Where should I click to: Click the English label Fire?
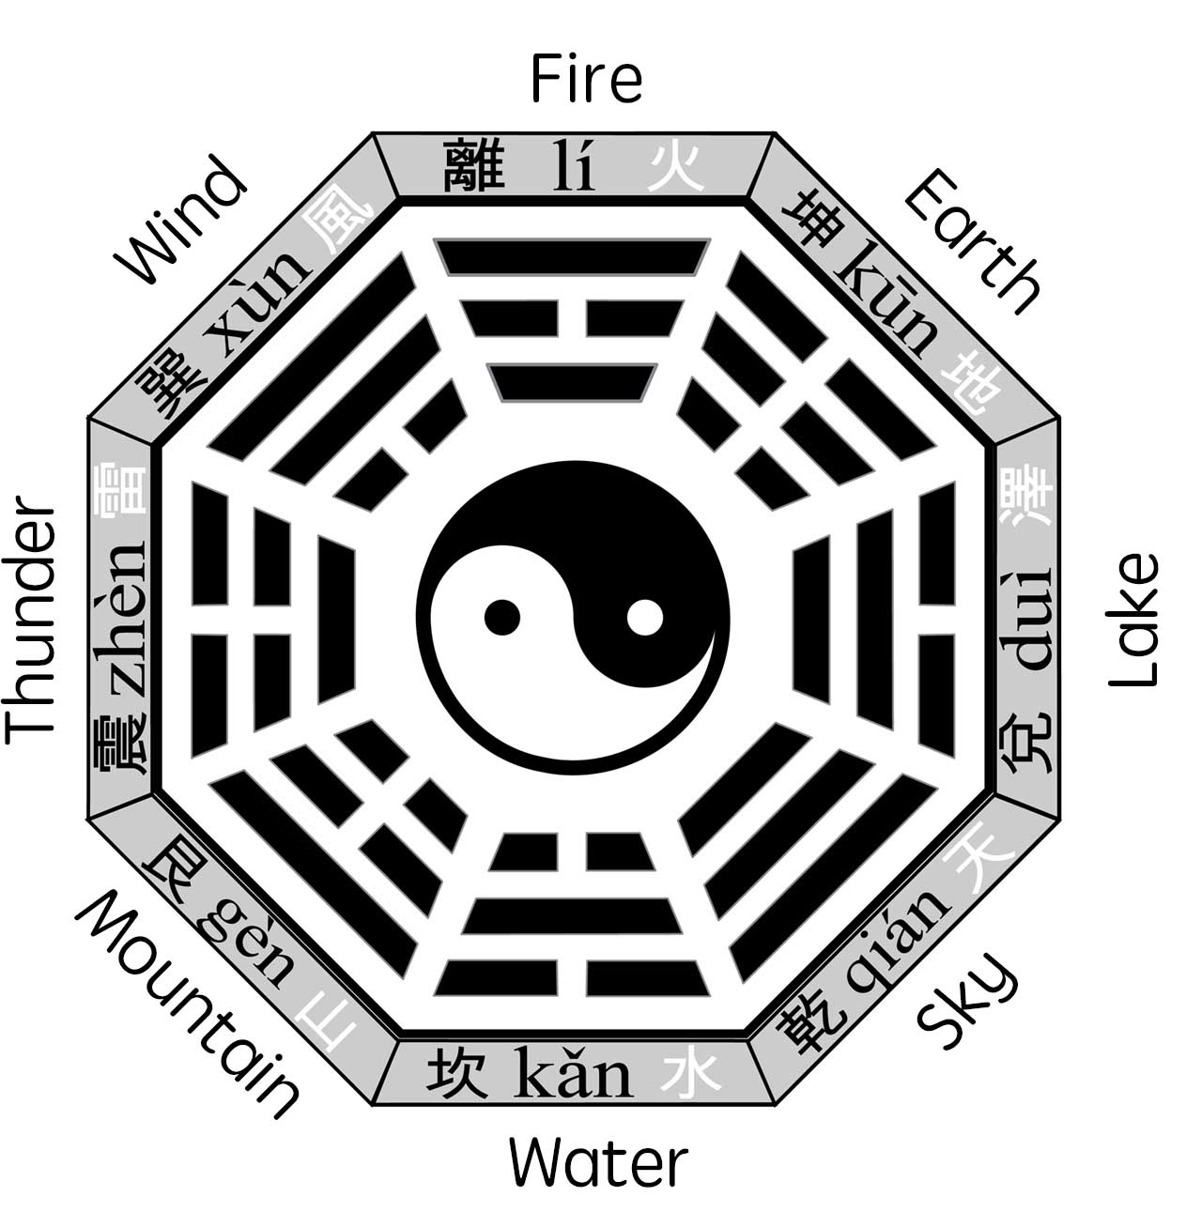click(586, 79)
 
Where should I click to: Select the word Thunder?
click(31, 621)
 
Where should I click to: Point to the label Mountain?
click(187, 1004)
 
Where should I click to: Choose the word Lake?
click(1133, 620)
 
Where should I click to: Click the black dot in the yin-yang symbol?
click(502, 617)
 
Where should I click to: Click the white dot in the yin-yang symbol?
click(645, 617)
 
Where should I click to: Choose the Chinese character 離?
click(472, 165)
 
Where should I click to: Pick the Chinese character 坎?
click(456, 1074)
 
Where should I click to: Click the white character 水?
click(690, 1074)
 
